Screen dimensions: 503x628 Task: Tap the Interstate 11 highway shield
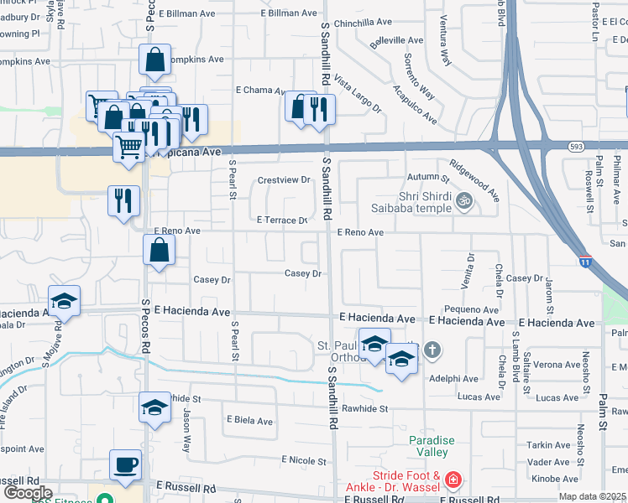pos(585,262)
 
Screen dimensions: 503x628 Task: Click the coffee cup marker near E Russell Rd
pos(126,465)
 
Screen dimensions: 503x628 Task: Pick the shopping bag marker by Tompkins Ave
pos(155,60)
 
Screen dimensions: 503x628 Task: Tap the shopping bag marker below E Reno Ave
pos(159,250)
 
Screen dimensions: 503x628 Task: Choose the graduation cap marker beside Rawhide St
pos(154,408)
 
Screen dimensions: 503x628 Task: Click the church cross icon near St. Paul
pos(432,350)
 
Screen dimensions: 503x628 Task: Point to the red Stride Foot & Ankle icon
pos(453,480)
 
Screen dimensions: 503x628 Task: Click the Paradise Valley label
pos(432,446)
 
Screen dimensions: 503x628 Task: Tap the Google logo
pos(28,493)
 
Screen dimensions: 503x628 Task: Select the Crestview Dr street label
pos(284,180)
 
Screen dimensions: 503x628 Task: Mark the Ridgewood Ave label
pos(474,180)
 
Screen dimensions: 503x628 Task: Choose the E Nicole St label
pos(303,460)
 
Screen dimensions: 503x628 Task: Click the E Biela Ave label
pos(249,421)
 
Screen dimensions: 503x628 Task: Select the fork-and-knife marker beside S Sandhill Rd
pos(319,110)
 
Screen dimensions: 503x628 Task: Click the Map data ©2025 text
pos(593,496)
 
